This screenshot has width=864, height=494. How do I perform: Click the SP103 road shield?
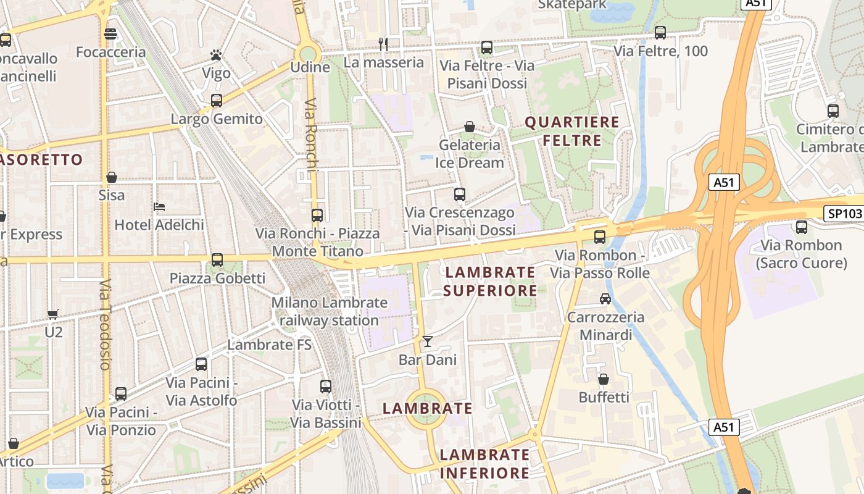[843, 214]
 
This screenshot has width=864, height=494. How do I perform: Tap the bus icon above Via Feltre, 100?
[660, 33]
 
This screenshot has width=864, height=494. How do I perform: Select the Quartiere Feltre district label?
[571, 131]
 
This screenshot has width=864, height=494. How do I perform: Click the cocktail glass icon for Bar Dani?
[427, 341]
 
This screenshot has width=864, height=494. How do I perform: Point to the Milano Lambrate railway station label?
[330, 312]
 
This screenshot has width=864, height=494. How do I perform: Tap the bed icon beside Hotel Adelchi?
[159, 206]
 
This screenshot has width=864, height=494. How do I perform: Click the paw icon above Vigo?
[215, 56]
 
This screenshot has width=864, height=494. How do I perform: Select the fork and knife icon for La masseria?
[383, 44]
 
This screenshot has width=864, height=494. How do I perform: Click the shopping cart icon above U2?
[53, 314]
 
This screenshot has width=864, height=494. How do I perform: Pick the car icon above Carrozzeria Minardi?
[605, 299]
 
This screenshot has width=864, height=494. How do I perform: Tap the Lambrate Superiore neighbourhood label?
[491, 281]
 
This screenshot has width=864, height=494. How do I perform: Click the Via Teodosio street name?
[105, 324]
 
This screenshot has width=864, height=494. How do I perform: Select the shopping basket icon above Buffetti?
[603, 379]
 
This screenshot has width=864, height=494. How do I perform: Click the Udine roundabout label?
[310, 67]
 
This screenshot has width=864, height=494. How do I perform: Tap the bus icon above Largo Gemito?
[217, 101]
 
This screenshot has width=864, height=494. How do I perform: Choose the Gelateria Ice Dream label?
[470, 154]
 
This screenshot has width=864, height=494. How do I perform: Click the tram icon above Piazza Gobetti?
[217, 260]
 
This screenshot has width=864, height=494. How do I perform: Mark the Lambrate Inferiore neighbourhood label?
[484, 464]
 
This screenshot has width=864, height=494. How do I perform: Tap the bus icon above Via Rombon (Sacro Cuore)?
[801, 227]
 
